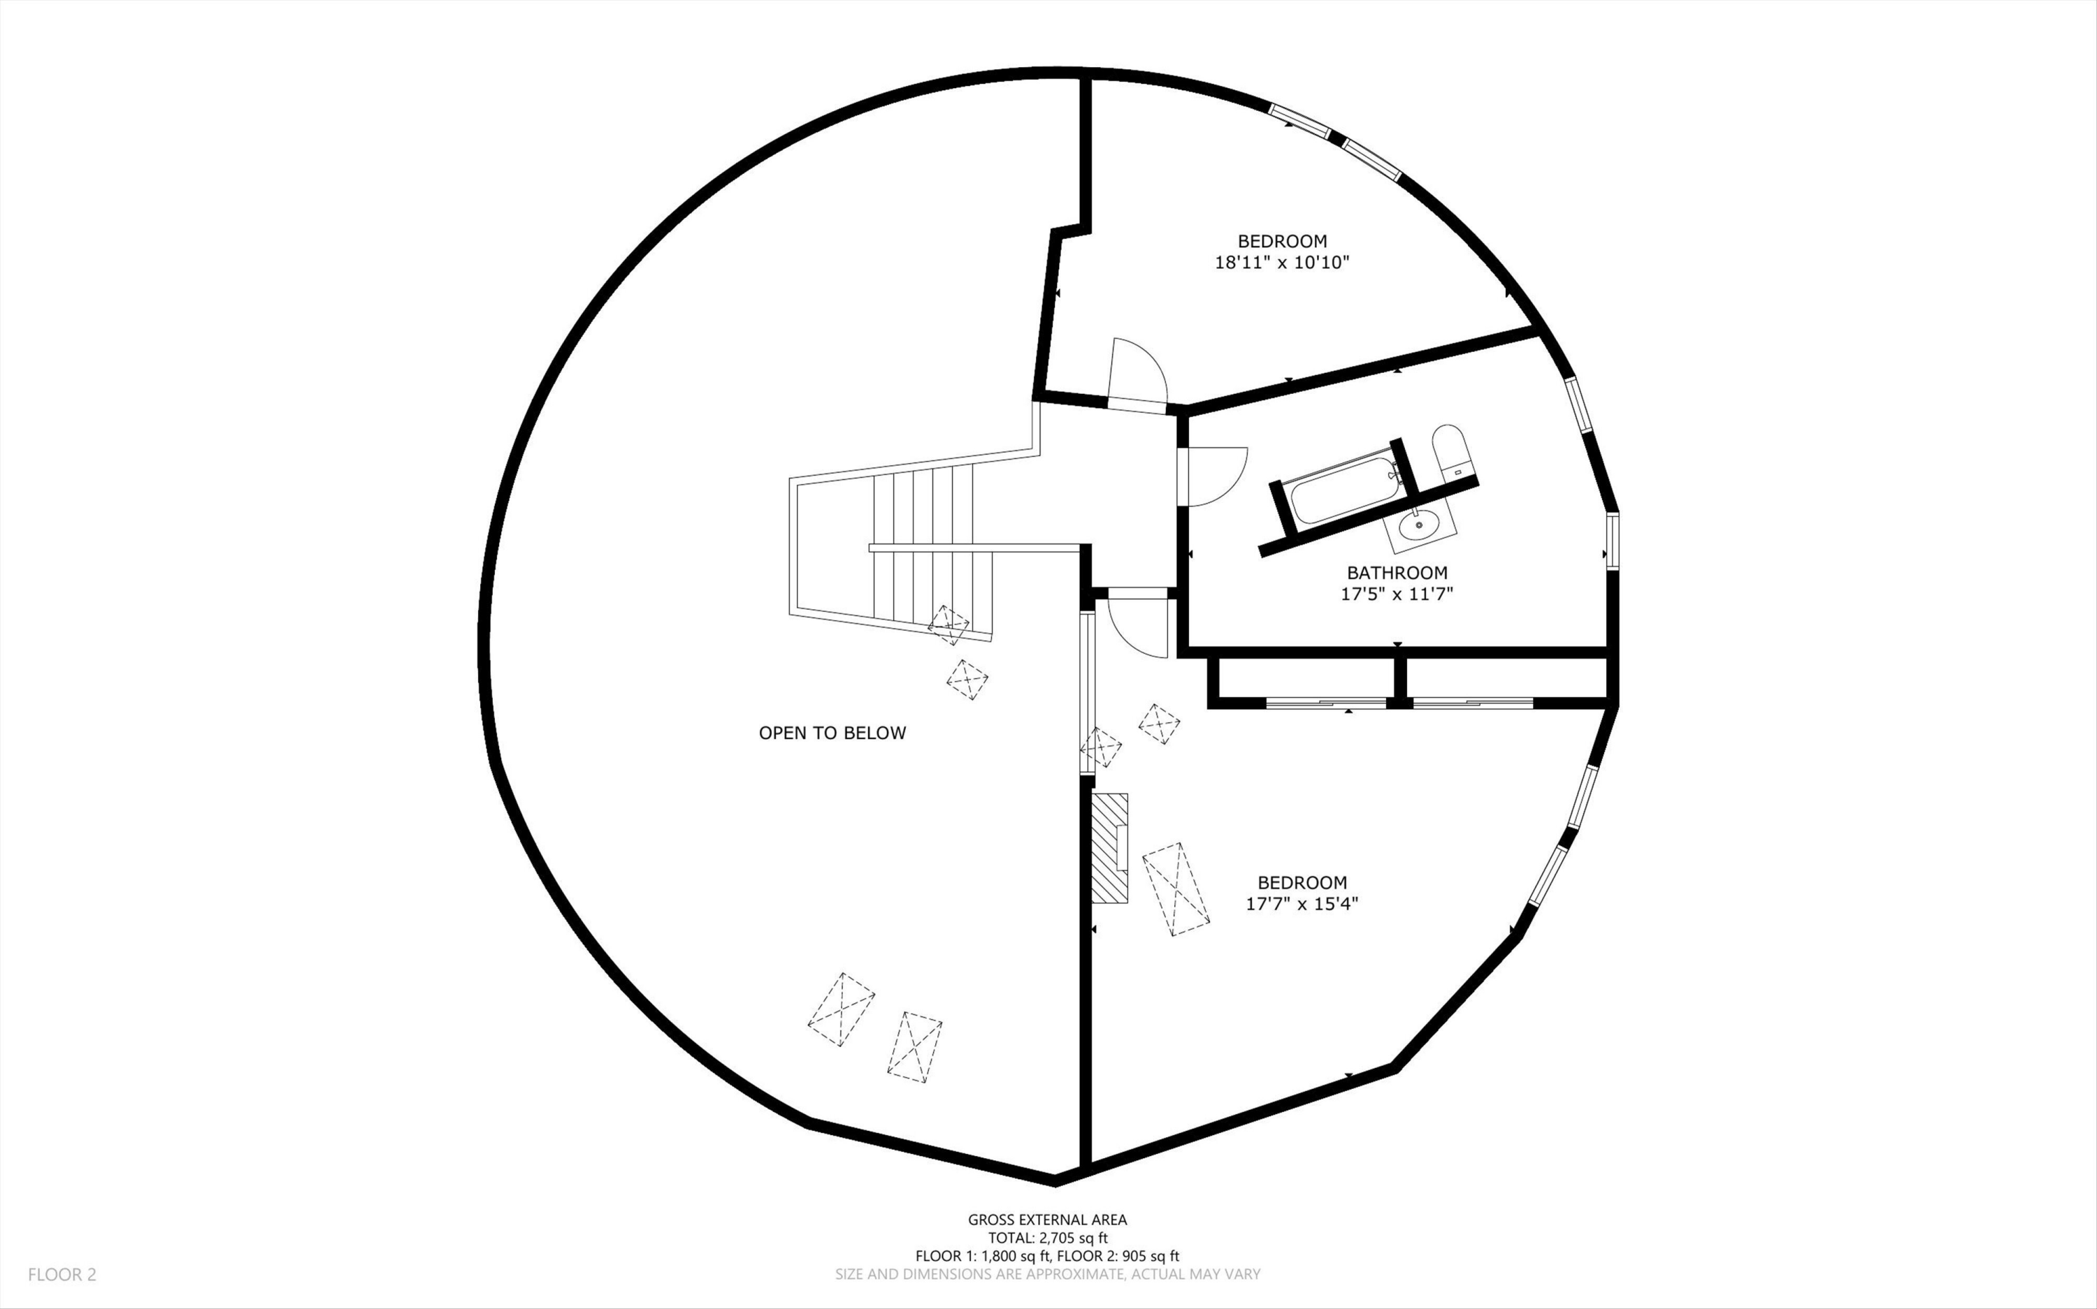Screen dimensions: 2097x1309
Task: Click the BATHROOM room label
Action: [x=1397, y=572]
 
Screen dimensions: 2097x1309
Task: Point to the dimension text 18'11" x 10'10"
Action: [x=1282, y=263]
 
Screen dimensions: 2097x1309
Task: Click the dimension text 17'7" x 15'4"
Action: [x=1302, y=905]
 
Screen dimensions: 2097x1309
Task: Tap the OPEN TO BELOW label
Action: [x=833, y=733]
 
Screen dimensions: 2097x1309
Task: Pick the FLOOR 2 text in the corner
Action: [x=62, y=1274]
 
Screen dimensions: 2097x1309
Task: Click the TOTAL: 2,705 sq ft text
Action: [x=1048, y=1238]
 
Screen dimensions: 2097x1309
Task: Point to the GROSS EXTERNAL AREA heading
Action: [x=1048, y=1220]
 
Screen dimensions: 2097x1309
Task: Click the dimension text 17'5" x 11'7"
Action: [x=1397, y=594]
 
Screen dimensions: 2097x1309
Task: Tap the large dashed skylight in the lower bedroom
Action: [x=1176, y=889]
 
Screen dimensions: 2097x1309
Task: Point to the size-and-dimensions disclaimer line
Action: [x=1048, y=1274]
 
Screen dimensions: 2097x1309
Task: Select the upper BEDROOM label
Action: [x=1282, y=241]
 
